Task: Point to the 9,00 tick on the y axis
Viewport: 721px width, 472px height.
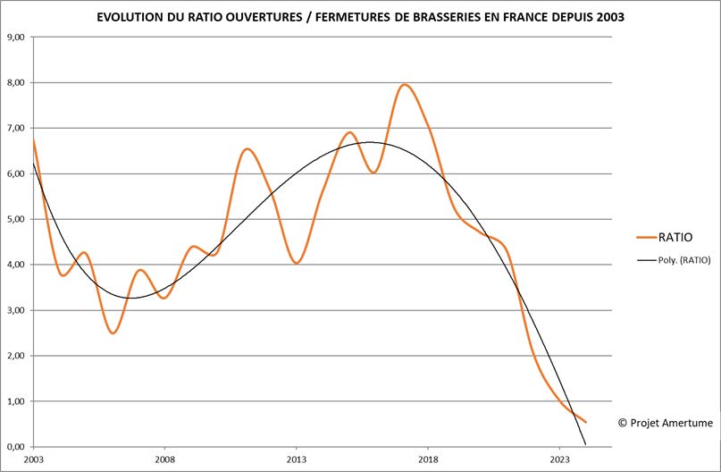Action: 17,38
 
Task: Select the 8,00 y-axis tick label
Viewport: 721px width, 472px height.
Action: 17,83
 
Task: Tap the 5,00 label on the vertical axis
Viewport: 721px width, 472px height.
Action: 17,219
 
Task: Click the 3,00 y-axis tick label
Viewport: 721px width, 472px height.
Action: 17,310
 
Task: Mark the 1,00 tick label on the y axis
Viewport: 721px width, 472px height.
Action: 17,401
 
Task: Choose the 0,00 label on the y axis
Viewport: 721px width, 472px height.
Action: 17,446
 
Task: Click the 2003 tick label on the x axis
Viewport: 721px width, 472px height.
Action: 33,459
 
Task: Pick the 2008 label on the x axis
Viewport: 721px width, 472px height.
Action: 164,459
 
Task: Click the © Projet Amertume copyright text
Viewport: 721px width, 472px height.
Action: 664,422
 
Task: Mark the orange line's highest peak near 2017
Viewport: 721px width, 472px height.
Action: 404,85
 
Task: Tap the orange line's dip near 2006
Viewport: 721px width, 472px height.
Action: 113,333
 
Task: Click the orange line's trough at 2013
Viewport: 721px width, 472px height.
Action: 296,263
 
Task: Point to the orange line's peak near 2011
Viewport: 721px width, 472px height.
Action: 247,149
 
